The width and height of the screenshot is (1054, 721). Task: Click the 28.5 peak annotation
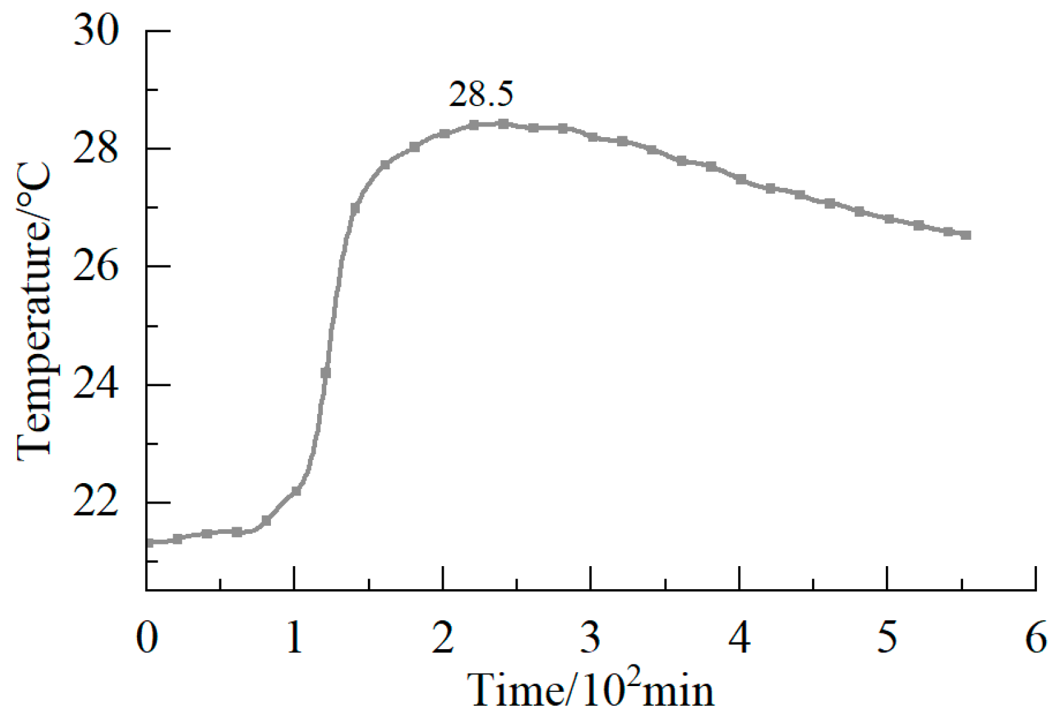pos(481,95)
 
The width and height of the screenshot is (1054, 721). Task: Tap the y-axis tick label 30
pos(96,31)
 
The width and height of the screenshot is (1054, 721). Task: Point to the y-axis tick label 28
pos(96,149)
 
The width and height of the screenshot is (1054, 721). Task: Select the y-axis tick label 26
pos(96,267)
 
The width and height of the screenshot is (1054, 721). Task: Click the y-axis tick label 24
pos(96,385)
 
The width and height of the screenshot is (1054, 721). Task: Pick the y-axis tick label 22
pos(96,503)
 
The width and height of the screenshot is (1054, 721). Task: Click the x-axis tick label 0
pos(147,638)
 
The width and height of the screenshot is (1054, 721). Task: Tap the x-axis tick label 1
pos(295,638)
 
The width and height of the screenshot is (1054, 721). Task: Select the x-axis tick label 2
pos(443,638)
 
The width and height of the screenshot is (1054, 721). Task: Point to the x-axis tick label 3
pos(591,638)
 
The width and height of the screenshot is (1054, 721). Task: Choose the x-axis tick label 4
pos(740,638)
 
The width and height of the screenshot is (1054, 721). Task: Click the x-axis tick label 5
pos(887,638)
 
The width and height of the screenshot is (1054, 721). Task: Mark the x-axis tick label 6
pos(1036,638)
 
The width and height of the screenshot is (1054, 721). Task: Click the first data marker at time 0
pos(149,542)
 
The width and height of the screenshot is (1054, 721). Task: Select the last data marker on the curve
pos(966,235)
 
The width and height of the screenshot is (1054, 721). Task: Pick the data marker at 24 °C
pos(325,373)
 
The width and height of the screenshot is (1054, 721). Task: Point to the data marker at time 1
pos(296,490)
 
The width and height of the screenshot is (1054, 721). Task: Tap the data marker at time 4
pos(740,179)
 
